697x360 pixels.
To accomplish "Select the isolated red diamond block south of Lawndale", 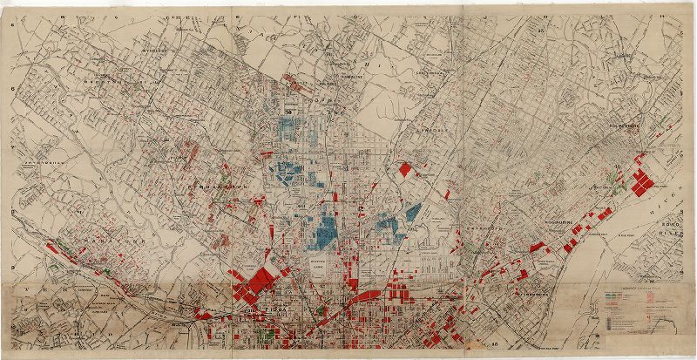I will coord(404,170).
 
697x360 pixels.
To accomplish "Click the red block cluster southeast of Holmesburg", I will coord(643,179).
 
